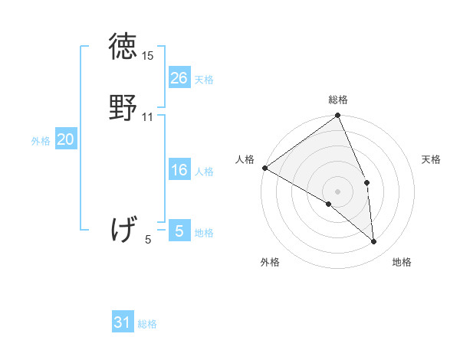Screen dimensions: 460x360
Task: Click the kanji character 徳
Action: pyautogui.click(x=123, y=47)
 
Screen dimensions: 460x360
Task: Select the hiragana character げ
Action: pyautogui.click(x=123, y=229)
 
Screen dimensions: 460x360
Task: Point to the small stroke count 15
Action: pyautogui.click(x=148, y=57)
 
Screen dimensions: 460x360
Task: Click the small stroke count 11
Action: pyautogui.click(x=148, y=117)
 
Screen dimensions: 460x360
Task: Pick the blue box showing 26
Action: pyautogui.click(x=179, y=78)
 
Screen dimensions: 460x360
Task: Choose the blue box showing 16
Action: pyautogui.click(x=179, y=170)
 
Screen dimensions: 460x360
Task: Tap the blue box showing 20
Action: pyautogui.click(x=66, y=139)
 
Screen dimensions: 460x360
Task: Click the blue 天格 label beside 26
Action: pyautogui.click(x=204, y=80)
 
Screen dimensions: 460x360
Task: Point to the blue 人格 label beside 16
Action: pyautogui.click(x=204, y=172)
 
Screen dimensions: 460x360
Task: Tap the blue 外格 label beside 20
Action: pyautogui.click(x=41, y=141)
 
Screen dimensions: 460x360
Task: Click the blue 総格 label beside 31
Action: pyautogui.click(x=147, y=324)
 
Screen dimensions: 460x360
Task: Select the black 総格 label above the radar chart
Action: pyautogui.click(x=338, y=100)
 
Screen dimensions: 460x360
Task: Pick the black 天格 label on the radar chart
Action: pyautogui.click(x=431, y=159)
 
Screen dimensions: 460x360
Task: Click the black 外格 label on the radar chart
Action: pyautogui.click(x=270, y=262)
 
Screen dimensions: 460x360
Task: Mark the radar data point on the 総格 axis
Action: pyautogui.click(x=338, y=116)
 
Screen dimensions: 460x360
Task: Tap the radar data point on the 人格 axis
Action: pyautogui.click(x=264, y=168)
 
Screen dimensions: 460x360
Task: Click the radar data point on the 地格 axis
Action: pyautogui.click(x=374, y=242)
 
